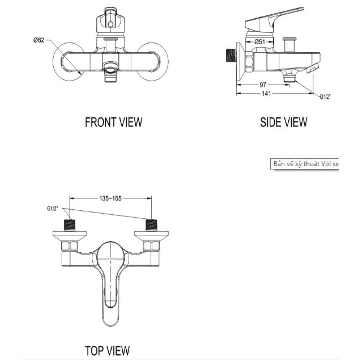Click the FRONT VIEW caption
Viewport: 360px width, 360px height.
click(x=113, y=122)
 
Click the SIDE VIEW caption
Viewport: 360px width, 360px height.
click(x=284, y=122)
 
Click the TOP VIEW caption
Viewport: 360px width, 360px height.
click(x=107, y=350)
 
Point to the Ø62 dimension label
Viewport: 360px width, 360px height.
click(x=39, y=40)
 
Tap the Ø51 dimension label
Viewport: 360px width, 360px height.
click(x=260, y=42)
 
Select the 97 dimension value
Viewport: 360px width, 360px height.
click(x=262, y=85)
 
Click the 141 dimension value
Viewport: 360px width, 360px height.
click(x=267, y=93)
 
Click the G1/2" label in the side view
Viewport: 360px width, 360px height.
click(x=325, y=96)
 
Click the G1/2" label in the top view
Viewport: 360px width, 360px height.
click(x=52, y=208)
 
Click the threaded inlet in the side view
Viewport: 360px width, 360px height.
click(x=229, y=55)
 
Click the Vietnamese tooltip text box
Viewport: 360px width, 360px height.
click(x=305, y=164)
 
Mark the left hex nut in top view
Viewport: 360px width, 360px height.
click(x=69, y=246)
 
